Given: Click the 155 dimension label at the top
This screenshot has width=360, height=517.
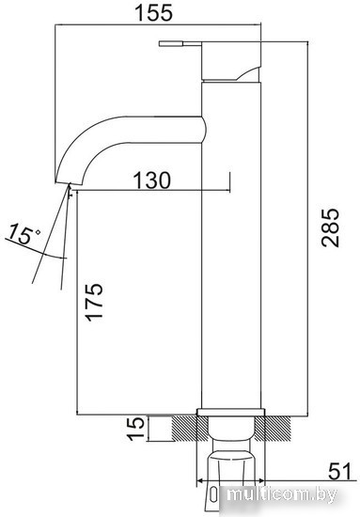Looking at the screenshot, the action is click(x=154, y=12).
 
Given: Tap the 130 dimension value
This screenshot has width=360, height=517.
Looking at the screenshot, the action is click(x=152, y=180).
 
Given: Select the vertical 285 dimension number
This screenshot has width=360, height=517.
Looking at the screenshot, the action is click(x=330, y=227).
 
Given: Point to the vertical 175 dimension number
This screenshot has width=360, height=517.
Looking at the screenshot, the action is click(x=94, y=302).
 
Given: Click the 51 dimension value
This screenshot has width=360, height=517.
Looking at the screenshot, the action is click(x=339, y=471).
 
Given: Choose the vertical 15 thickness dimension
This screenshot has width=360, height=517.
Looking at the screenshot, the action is click(x=136, y=429).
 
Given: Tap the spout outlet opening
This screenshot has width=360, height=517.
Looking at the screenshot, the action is click(x=70, y=183).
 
